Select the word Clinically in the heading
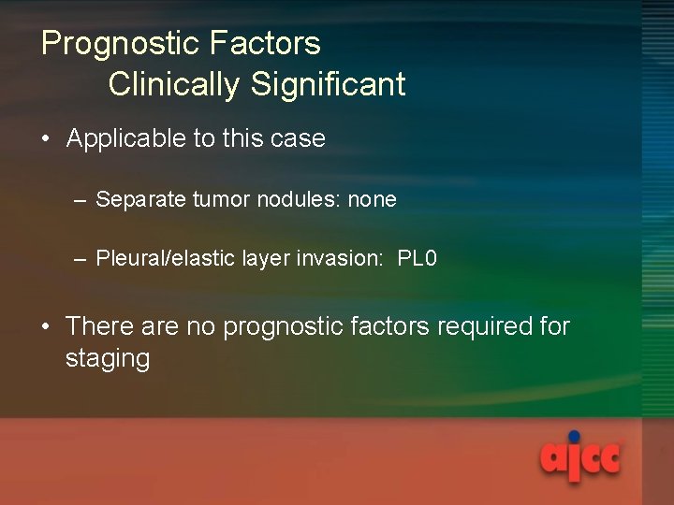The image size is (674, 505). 175,84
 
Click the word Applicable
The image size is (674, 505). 126,139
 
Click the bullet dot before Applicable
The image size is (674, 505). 46,140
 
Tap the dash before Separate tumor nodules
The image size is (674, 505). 81,200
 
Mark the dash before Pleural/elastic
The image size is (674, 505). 81,259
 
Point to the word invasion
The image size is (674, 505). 340,259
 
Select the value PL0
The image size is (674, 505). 418,259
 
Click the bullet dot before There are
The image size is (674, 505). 46,327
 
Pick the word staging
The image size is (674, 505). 108,359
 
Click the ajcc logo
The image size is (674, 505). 579,457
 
